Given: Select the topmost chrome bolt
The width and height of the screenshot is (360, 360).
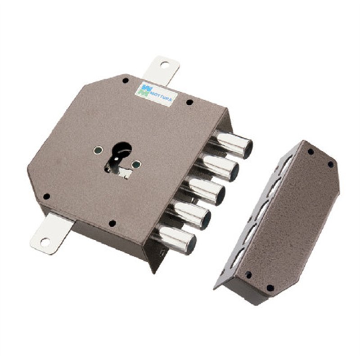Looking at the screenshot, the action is coord(232,143).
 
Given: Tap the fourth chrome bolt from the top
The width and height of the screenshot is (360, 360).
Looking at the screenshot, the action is coord(189,214).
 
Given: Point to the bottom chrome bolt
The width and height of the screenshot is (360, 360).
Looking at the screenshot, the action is coord(175,239).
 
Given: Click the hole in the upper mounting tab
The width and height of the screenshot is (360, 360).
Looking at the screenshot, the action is coord(164,65).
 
